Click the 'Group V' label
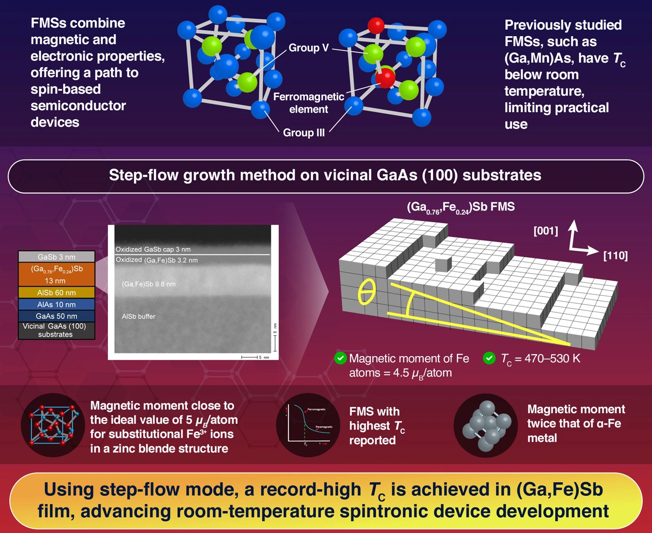pos(308,48)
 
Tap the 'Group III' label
pos(304,132)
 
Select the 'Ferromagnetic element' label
pos(309,103)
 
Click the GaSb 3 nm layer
pos(57,257)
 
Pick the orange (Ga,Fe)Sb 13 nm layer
pos(57,274)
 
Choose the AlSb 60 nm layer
pos(57,292)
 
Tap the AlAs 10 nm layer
pos(57,304)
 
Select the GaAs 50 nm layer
pos(57,316)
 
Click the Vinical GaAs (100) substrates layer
pos(57,330)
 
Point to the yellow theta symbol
pos(366,292)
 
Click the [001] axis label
pos(546,231)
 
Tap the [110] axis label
pos(615,255)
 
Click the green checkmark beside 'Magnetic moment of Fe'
pos(340,358)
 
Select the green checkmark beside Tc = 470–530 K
pos(489,358)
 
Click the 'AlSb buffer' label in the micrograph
pos(139,316)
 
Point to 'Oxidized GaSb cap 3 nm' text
pos(153,249)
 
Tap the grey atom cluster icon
pos(486,425)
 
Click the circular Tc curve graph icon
pos(308,425)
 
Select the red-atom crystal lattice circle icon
pos(53,425)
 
